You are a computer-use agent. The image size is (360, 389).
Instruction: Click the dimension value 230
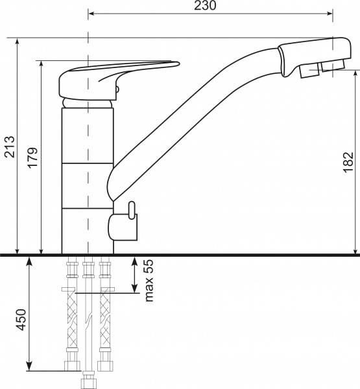pyautogui.click(x=205, y=6)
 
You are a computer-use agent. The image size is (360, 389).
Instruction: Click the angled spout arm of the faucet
pyautogui.click(x=195, y=110)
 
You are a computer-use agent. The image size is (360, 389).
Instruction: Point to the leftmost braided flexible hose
pyautogui.click(x=70, y=318)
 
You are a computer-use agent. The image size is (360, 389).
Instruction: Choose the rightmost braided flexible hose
pyautogui.click(x=103, y=318)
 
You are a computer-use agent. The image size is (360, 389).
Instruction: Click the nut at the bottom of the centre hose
pyautogui.click(x=87, y=380)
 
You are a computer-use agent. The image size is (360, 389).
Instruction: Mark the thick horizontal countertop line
pyautogui.click(x=180, y=255)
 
